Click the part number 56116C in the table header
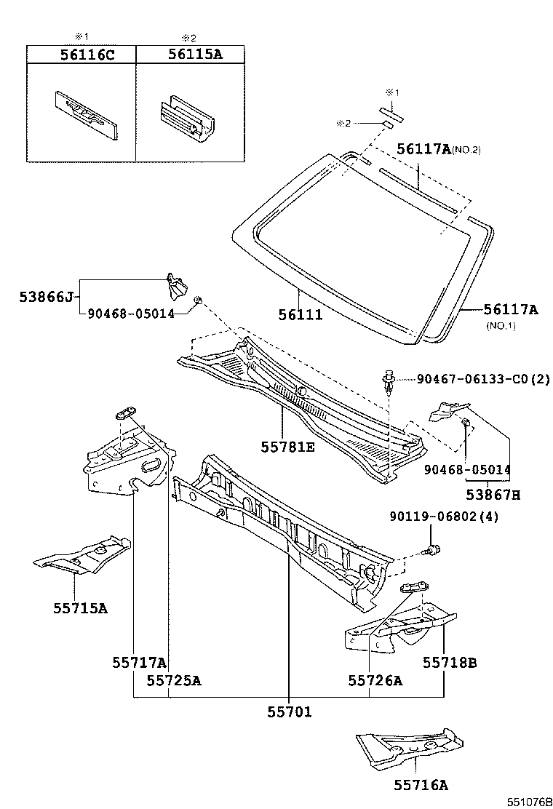[x=81, y=54]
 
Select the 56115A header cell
[x=191, y=54]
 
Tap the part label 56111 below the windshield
[x=301, y=314]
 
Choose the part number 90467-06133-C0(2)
[x=483, y=378]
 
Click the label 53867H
[x=493, y=495]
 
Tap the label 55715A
[x=80, y=607]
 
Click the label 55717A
[x=140, y=662]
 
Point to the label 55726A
[x=375, y=680]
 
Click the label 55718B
[x=450, y=662]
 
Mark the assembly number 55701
[x=289, y=712]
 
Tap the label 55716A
[x=421, y=784]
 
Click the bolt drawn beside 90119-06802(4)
[x=434, y=551]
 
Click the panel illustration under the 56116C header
[x=86, y=113]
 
